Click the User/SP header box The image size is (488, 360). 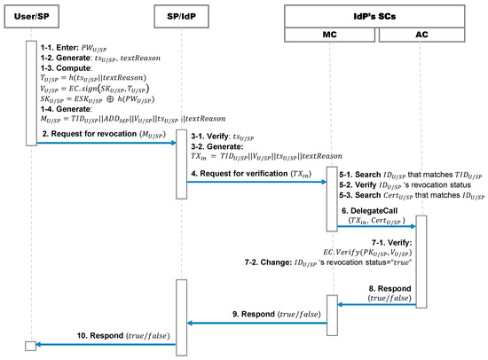coord(31,19)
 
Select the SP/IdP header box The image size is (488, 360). coord(180,19)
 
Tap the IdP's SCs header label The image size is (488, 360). coord(378,12)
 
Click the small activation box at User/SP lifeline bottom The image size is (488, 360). coord(31,344)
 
